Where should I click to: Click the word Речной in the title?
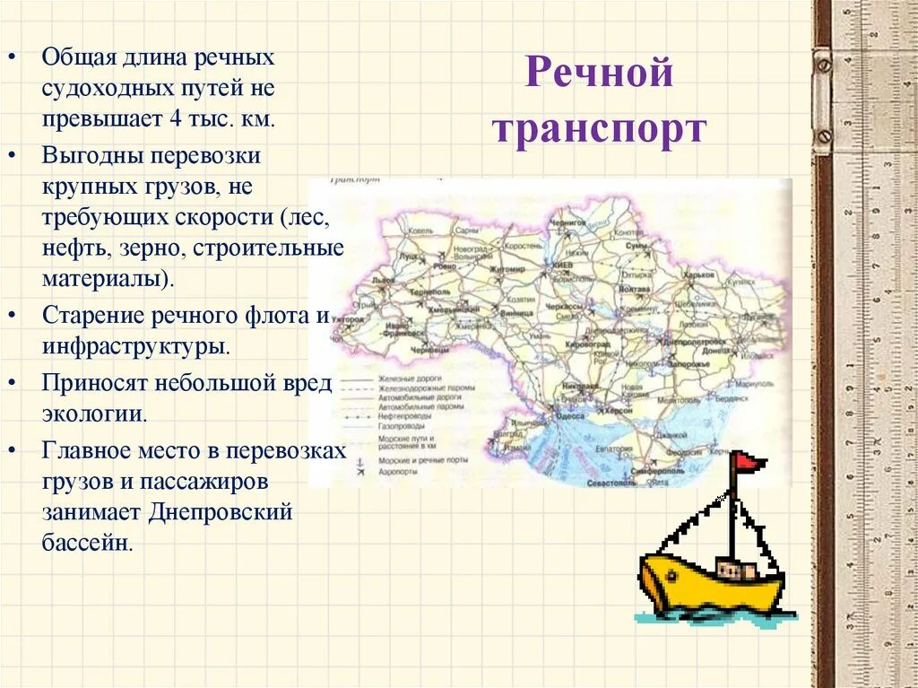point(598,73)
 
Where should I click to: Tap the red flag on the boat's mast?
point(749,462)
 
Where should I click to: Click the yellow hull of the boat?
point(708,587)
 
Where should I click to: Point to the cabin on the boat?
point(736,569)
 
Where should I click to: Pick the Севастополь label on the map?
point(611,483)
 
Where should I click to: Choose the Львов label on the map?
point(385,281)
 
